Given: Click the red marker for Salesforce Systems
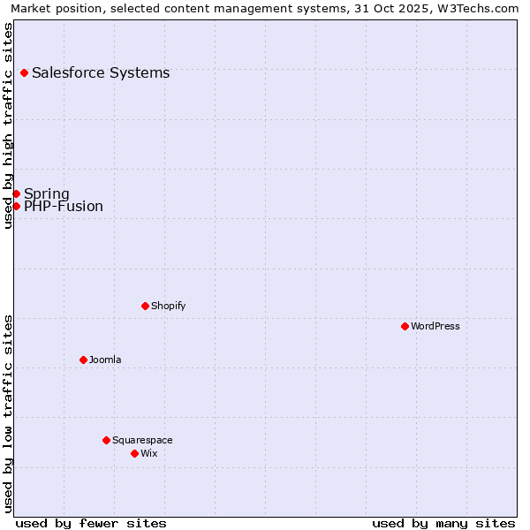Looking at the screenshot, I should click(24, 72).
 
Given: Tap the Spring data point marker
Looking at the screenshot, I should click(16, 193).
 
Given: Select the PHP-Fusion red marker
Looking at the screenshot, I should click(16, 206).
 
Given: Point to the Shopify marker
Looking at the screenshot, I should click(145, 306).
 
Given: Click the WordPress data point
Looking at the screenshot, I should click(405, 326).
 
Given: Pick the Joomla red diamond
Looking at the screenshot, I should click(83, 360).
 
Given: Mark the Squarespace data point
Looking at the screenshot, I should click(106, 440).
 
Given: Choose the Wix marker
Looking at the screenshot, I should click(134, 453).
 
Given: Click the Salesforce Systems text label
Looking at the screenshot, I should click(101, 72).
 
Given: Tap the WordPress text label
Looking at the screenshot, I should click(435, 326).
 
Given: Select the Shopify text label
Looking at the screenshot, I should click(168, 306).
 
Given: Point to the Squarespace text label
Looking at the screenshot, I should click(142, 440).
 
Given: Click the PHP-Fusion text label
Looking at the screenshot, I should click(64, 207).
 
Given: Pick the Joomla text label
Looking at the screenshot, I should click(105, 360).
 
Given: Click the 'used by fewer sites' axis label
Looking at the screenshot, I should click(91, 523).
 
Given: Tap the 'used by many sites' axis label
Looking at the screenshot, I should click(443, 523).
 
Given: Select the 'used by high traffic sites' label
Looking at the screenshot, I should click(8, 125).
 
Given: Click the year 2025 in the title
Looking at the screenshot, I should click(422, 8).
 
